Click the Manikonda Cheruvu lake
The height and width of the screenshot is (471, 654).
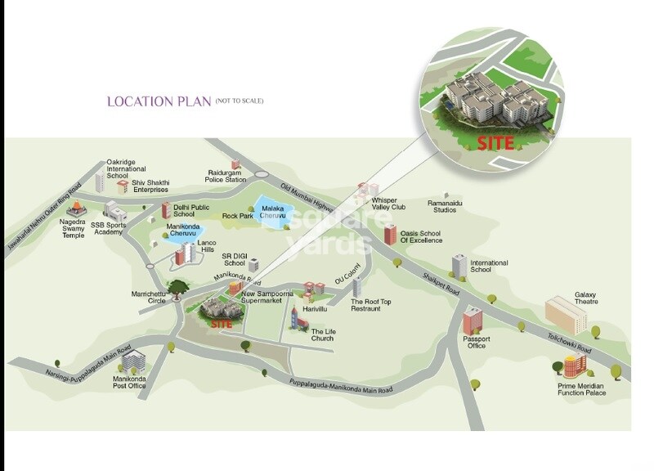pyautogui.click(x=177, y=235)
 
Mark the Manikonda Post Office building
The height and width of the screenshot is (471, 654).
pyautogui.click(x=132, y=359)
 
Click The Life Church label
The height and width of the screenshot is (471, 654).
pyautogui.click(x=322, y=334)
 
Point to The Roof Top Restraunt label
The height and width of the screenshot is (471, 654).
pyautogui.click(x=371, y=305)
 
